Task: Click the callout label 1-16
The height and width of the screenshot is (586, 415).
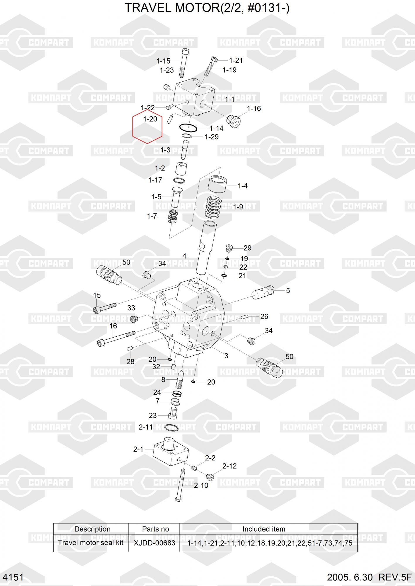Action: coord(254,109)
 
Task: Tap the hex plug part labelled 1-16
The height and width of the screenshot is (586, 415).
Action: coord(234,121)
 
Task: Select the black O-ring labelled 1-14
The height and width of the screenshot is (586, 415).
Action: coord(188,128)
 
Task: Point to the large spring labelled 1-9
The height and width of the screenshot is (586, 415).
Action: coord(213,207)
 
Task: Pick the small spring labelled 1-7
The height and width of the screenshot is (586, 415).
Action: coord(173,216)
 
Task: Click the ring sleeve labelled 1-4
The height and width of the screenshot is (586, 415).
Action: coord(217,184)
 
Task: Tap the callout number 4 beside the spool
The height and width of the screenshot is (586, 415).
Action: coord(184,256)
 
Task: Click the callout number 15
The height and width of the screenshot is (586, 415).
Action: coord(97,295)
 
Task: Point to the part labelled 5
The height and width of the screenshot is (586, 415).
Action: coord(263,292)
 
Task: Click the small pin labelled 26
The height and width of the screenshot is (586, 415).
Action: coord(245,316)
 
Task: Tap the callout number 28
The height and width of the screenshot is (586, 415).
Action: coord(130,362)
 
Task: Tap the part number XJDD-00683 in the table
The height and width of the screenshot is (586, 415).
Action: coord(154,543)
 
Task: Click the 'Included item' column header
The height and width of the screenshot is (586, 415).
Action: coord(264,529)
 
